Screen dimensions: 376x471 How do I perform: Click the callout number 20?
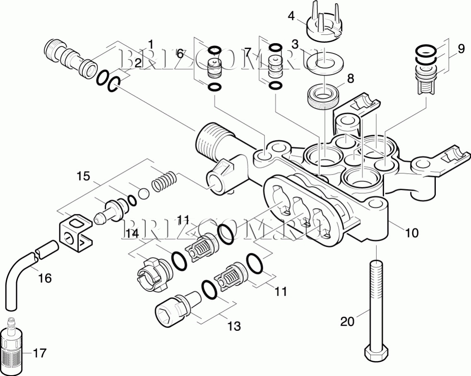(347, 321)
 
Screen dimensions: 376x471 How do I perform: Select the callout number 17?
(40, 353)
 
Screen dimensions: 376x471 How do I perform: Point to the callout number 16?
(45, 278)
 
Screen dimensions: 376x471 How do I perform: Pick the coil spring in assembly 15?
(165, 182)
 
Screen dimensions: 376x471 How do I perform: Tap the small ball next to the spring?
(143, 194)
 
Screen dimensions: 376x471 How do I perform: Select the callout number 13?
(234, 326)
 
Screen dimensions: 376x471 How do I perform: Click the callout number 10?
(411, 233)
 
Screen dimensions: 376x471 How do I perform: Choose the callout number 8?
(351, 78)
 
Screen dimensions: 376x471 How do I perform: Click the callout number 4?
(291, 16)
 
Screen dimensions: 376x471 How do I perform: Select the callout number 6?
(180, 53)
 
